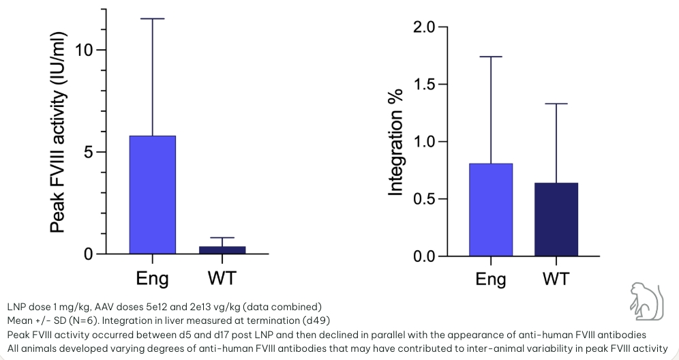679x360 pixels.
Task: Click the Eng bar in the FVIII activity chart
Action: click(152, 195)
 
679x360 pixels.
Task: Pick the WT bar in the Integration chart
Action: click(556, 220)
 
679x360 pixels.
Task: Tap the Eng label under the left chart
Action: click(153, 278)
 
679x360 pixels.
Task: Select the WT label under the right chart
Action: click(556, 280)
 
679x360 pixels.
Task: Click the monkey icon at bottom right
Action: click(645, 300)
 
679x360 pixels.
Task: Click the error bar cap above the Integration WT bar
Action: click(556, 104)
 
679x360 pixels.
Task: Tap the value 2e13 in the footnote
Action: click(200, 306)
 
